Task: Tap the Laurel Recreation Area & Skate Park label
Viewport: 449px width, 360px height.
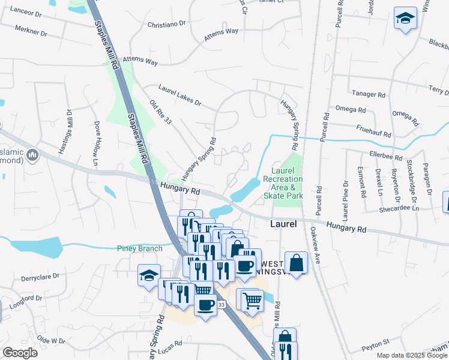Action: click(283, 179)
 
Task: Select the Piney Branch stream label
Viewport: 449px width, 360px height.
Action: click(140, 248)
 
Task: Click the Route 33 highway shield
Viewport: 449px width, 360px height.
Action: click(221, 305)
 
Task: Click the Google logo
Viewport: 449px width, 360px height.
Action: click(19, 352)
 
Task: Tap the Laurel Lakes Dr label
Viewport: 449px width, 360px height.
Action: click(180, 95)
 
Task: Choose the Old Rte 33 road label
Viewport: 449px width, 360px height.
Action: click(161, 112)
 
